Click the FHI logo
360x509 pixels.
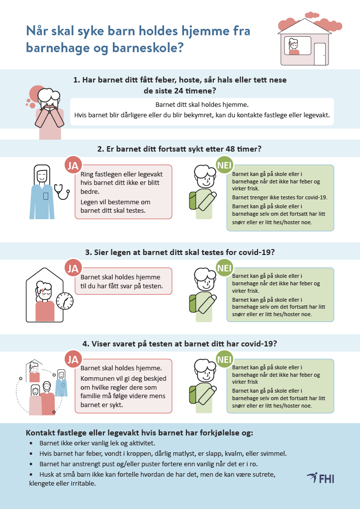click(x=320, y=478)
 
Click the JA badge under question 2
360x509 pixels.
click(x=73, y=166)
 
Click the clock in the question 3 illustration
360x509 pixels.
click(x=65, y=301)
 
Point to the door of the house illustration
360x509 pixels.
click(x=320, y=54)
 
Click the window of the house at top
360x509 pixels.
click(x=298, y=46)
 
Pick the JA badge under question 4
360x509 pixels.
click(x=73, y=359)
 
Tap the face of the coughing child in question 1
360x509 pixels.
click(x=49, y=101)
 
